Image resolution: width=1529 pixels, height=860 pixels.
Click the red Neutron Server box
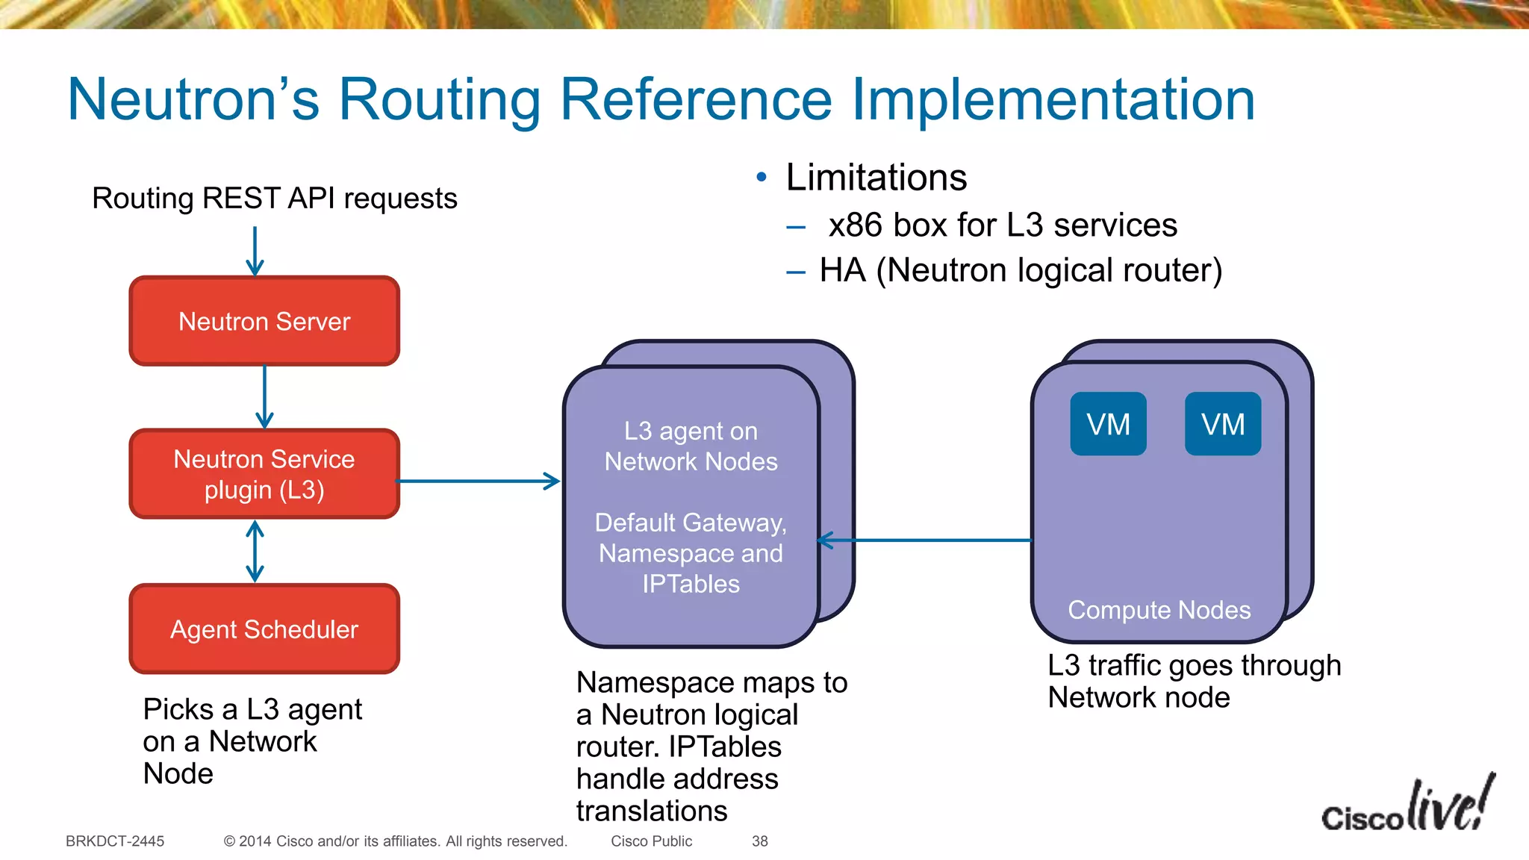(x=264, y=321)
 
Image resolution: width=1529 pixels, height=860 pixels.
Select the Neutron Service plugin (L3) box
(x=264, y=474)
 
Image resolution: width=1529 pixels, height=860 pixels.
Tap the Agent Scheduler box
(x=264, y=629)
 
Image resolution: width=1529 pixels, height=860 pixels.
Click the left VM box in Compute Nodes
(x=1108, y=424)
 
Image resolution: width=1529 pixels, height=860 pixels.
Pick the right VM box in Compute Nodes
(x=1223, y=424)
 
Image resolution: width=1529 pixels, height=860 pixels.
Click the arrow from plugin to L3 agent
(x=478, y=481)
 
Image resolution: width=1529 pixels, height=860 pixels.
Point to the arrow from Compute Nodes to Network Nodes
(x=926, y=540)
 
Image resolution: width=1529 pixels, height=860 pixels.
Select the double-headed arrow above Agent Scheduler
(x=255, y=552)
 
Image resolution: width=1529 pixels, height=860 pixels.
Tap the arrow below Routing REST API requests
(x=255, y=252)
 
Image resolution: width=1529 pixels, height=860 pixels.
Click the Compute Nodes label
(x=1159, y=610)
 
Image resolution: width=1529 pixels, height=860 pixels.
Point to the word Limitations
(x=876, y=178)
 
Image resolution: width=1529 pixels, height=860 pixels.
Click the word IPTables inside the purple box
(x=691, y=584)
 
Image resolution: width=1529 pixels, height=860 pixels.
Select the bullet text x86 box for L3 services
(x=1002, y=225)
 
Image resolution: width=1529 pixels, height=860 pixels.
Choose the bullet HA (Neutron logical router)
(x=1020, y=270)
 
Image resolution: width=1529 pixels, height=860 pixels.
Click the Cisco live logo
(x=1407, y=806)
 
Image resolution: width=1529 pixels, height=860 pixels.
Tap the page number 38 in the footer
(x=759, y=841)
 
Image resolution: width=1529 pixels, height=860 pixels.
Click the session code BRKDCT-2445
(x=115, y=841)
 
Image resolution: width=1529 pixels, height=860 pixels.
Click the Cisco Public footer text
(x=651, y=841)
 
